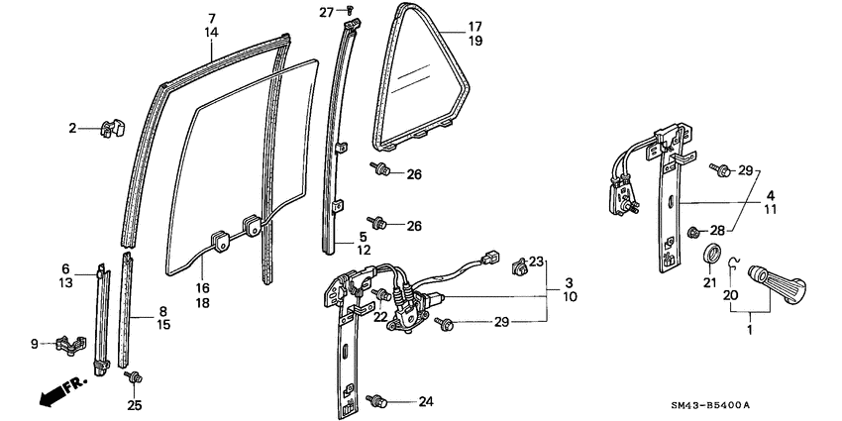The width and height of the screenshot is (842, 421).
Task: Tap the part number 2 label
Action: pos(72,128)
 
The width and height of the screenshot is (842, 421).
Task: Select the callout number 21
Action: pos(709,283)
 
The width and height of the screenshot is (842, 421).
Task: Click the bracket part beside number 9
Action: pos(66,344)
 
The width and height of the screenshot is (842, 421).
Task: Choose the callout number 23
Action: pos(536,263)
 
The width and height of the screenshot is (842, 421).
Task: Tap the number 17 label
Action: pos(474,27)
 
